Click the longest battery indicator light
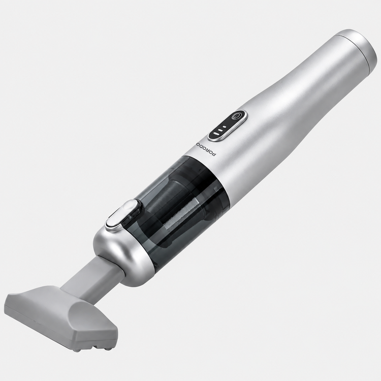point(216,134)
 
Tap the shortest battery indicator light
point(225,127)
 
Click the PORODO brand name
point(206,150)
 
